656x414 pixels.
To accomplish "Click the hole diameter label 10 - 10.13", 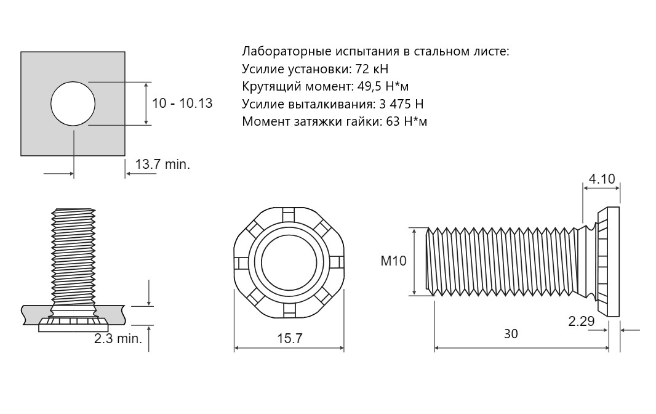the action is click(x=182, y=103).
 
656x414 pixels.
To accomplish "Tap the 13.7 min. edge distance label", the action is click(x=162, y=164).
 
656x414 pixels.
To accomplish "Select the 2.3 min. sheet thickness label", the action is click(x=118, y=339).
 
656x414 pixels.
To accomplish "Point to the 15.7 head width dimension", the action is click(x=289, y=339).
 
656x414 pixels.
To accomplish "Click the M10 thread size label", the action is click(x=393, y=261).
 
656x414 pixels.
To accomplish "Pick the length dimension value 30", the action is click(x=511, y=333).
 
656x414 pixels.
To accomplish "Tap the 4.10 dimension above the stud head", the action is click(x=602, y=179).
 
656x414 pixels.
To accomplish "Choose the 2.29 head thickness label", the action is click(x=581, y=321).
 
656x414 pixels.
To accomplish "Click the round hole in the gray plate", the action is click(x=73, y=103).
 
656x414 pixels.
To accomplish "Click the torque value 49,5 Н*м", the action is click(x=383, y=86).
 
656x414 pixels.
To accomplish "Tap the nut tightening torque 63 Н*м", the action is click(x=407, y=121).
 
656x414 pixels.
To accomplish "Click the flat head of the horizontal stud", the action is click(x=608, y=262).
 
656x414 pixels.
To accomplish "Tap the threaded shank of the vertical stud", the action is click(x=74, y=256).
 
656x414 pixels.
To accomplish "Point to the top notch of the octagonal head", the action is click(x=289, y=214).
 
